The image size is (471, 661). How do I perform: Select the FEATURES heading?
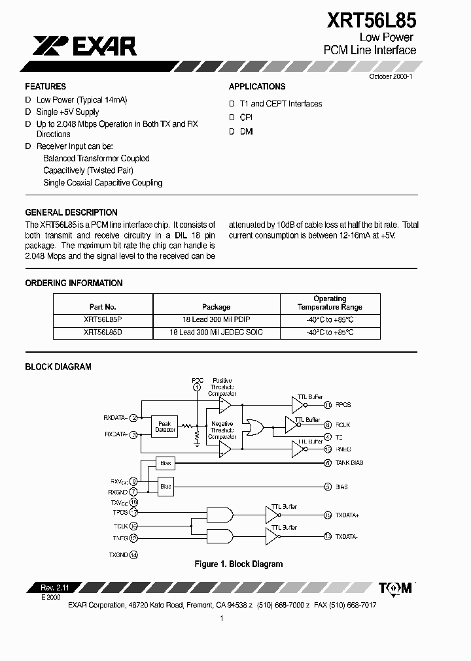(45, 86)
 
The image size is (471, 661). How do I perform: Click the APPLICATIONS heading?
(256, 86)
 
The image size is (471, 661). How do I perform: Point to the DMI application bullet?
(247, 131)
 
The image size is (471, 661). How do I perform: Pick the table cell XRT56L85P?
(102, 319)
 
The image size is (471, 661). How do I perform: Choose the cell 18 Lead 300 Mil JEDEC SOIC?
(216, 332)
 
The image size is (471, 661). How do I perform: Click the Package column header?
(216, 306)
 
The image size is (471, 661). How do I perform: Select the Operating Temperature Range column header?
(330, 302)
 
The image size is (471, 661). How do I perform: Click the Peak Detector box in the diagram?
(164, 427)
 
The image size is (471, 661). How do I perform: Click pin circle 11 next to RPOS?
(328, 405)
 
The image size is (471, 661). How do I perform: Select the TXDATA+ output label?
(347, 515)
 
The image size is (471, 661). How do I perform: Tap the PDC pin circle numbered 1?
(197, 387)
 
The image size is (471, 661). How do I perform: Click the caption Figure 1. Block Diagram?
(239, 564)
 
